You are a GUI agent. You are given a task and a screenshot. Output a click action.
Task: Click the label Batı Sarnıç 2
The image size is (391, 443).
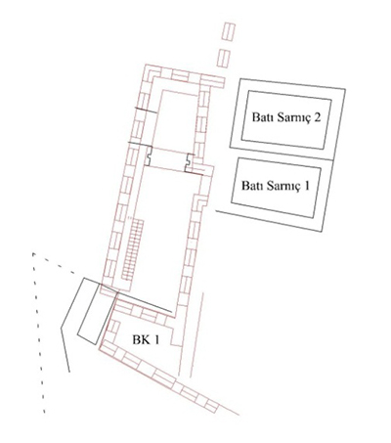tap(286, 117)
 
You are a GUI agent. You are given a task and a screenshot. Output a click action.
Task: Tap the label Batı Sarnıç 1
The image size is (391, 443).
tap(276, 186)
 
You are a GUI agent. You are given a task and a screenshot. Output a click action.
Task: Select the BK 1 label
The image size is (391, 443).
tap(146, 340)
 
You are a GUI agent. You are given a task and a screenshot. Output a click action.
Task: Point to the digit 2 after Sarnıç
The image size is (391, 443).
tap(317, 117)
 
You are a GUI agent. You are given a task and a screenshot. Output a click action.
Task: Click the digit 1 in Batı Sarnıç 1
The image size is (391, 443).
tap(306, 186)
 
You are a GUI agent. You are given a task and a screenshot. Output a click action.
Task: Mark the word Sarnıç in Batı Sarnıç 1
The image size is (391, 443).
tap(283, 187)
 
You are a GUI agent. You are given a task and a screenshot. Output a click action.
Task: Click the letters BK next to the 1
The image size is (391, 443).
tap(140, 340)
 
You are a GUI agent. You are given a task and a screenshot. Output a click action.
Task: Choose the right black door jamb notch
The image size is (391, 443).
tap(189, 162)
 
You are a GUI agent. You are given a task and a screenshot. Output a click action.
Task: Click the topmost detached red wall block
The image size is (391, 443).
tap(229, 31)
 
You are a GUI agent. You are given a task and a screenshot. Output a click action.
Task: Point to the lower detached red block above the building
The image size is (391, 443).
tap(224, 58)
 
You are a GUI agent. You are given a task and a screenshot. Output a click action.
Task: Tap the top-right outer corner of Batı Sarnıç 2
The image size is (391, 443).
tap(345, 89)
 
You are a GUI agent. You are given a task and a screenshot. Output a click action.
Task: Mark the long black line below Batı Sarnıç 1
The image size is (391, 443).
tap(269, 221)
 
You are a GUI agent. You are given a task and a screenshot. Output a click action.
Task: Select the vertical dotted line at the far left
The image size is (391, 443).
tap(38, 332)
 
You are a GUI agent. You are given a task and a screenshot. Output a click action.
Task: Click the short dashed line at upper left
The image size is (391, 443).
tap(54, 263)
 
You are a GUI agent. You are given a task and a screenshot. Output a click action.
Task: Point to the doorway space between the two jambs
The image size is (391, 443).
tap(168, 158)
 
